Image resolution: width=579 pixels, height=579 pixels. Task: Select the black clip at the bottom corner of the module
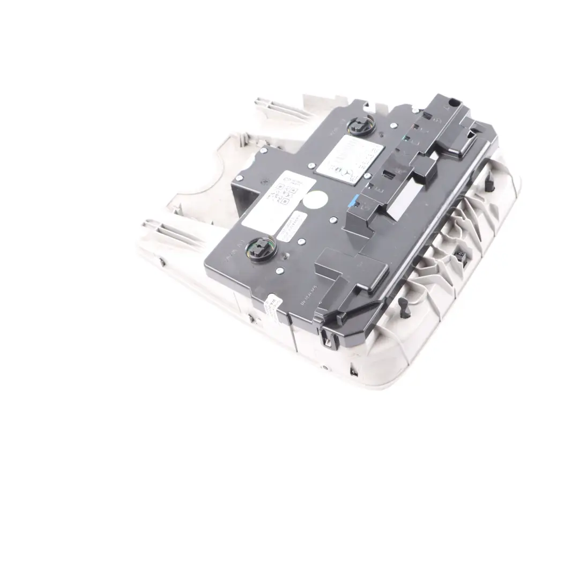click(x=325, y=337)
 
